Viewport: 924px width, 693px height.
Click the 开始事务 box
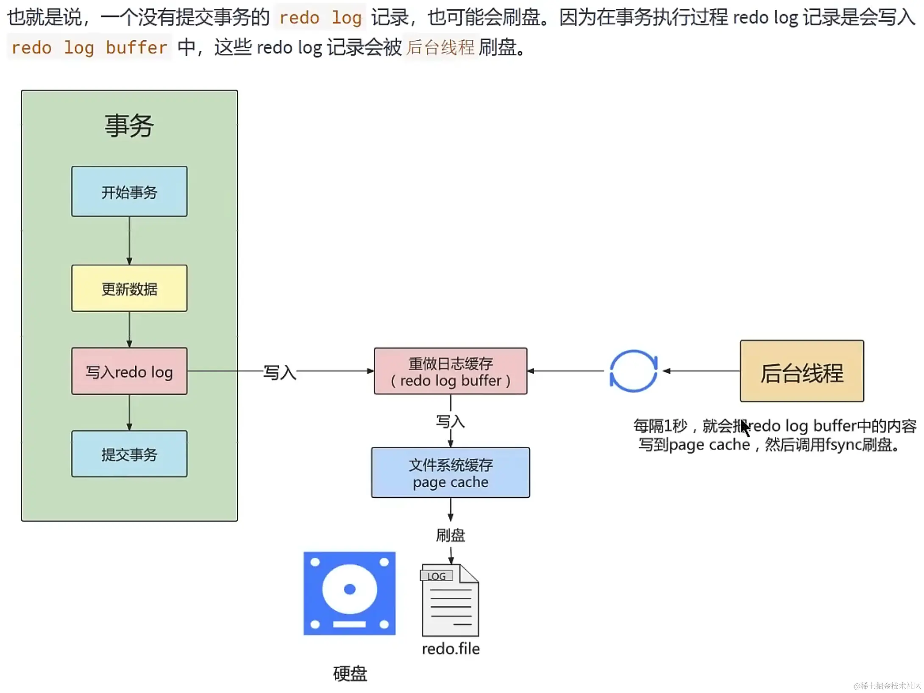coord(129,191)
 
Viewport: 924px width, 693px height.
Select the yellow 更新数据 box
coord(129,288)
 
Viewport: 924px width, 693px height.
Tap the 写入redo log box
coord(129,371)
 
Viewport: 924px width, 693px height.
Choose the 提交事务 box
coord(129,454)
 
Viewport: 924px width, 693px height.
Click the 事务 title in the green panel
coord(129,126)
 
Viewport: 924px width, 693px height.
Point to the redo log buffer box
coord(451,371)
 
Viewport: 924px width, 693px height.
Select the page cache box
coord(451,472)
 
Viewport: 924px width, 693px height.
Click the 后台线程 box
coord(802,371)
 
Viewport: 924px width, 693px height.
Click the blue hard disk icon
coord(350,593)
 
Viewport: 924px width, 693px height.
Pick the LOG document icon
coord(450,600)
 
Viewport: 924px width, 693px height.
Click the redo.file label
coord(451,649)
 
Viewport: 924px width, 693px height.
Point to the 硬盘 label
coord(350,674)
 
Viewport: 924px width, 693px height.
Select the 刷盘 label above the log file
coord(451,535)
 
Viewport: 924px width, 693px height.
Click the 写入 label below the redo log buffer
coord(451,421)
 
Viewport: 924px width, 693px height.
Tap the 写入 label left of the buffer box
coord(280,372)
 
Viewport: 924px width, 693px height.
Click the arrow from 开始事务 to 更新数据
coord(129,241)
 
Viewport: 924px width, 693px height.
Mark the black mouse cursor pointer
coord(746,428)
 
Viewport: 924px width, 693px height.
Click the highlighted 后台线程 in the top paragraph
coord(441,47)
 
